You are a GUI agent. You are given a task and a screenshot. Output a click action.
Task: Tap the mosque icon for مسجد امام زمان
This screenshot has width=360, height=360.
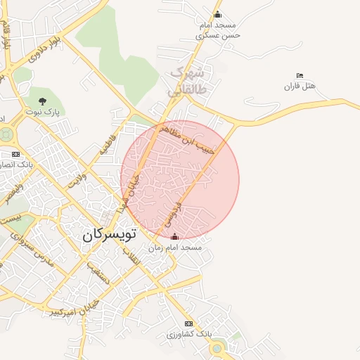click(175, 238)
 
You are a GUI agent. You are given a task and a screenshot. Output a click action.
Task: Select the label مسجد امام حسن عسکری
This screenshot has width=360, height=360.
click(218, 29)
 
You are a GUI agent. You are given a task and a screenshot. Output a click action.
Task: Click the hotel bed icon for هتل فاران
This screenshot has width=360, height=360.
click(300, 75)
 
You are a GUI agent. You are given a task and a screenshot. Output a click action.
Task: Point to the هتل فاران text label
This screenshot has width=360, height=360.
click(300, 86)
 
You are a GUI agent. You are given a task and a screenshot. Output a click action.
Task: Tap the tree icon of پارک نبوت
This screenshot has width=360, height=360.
click(43, 101)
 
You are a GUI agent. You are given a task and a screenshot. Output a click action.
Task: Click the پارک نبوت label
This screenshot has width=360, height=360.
click(43, 112)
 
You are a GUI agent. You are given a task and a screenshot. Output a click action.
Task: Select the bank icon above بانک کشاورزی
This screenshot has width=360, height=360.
click(188, 323)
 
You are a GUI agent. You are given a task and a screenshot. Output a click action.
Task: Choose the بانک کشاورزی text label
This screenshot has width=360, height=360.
click(188, 334)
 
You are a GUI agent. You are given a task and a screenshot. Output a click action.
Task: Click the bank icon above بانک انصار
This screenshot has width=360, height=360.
click(15, 154)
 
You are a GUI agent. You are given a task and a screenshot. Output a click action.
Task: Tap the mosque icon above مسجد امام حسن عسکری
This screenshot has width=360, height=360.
click(217, 15)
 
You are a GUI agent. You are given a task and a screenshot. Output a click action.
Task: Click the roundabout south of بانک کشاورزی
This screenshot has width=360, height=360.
click(217, 347)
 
